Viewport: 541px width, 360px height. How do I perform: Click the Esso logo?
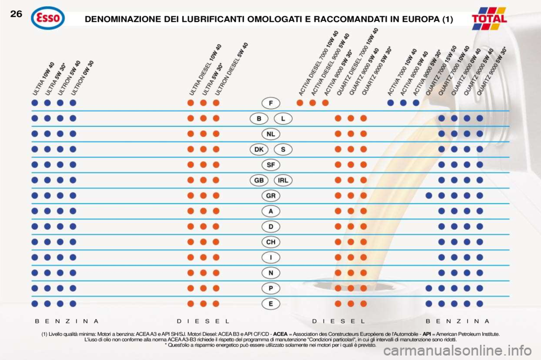(x=48, y=18)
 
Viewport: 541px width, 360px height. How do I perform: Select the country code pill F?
(x=271, y=103)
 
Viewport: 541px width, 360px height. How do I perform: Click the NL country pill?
(x=271, y=134)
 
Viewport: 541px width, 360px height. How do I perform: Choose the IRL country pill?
(x=283, y=180)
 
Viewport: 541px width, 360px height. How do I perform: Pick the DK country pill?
(x=259, y=149)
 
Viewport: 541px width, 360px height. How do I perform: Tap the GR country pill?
(x=271, y=195)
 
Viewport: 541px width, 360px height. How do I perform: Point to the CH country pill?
(x=271, y=242)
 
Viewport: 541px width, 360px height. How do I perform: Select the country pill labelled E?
(x=271, y=303)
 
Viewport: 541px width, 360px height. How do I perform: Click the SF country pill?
(x=271, y=165)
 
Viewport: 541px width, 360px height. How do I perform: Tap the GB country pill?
(x=259, y=180)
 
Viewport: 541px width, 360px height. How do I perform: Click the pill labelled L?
(x=283, y=119)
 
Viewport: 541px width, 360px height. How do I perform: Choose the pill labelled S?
(x=283, y=149)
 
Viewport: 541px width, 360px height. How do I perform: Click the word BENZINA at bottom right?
(x=458, y=320)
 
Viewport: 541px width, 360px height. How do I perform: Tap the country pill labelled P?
(x=271, y=288)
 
